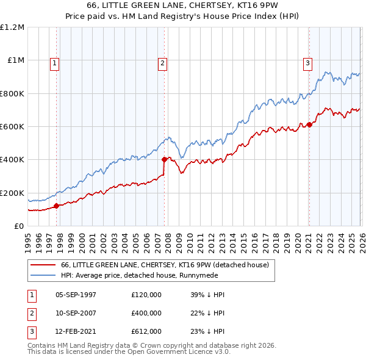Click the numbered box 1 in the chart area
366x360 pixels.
[55, 62]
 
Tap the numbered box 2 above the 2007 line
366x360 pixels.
[163, 62]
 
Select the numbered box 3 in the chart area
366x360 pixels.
[307, 62]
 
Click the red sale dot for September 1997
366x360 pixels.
[57, 206]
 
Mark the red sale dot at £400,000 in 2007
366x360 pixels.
[165, 160]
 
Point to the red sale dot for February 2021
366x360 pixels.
[309, 124]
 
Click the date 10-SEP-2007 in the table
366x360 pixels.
[76, 313]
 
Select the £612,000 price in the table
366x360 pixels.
[146, 332]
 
